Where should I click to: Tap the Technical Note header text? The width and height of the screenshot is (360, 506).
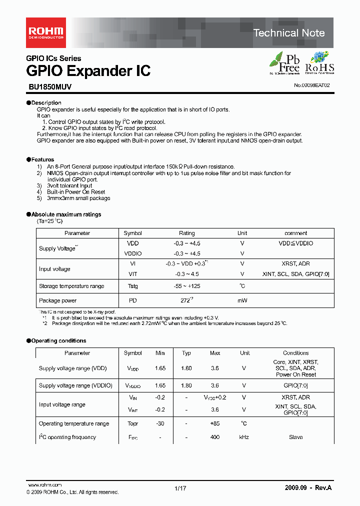click(289, 33)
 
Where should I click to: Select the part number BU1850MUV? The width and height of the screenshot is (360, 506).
click(49, 86)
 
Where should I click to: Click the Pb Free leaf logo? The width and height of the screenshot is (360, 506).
click(285, 63)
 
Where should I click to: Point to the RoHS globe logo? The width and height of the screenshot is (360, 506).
click(319, 63)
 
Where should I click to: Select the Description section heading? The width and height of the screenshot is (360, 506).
click(43, 102)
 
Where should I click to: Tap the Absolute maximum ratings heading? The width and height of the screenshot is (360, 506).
click(63, 214)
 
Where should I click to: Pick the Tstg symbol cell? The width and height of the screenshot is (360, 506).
click(132, 286)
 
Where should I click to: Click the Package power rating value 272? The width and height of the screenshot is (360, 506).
click(186, 300)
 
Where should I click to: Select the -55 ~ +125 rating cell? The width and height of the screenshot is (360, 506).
click(187, 286)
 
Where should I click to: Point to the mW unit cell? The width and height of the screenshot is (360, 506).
click(242, 300)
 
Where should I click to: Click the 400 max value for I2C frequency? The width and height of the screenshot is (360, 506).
click(215, 437)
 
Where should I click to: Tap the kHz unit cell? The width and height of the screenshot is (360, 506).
click(244, 437)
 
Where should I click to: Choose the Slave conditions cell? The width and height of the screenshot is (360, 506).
click(295, 437)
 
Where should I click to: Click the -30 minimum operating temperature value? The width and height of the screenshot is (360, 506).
click(160, 423)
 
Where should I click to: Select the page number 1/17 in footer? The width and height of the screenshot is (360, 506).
click(180, 488)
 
